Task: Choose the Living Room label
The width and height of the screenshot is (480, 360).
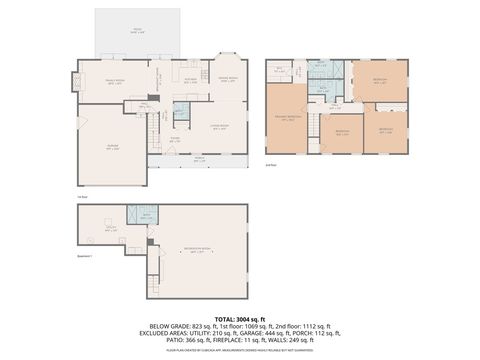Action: point(219,126)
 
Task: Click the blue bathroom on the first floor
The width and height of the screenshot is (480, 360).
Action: point(181,111)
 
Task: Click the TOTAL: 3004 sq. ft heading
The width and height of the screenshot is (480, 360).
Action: point(240,317)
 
